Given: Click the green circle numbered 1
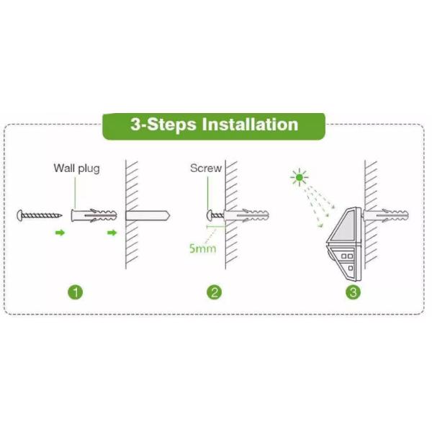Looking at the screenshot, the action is coord(75,292).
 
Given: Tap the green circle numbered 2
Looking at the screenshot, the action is coord(215,292).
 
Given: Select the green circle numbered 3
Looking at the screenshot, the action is coord(353,292).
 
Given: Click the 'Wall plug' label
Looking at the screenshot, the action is coord(76,168).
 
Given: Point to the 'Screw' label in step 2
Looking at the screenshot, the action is coord(206,168).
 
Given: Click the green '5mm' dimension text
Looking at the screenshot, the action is coord(202,248).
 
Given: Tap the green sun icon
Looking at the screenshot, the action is coord(300,177).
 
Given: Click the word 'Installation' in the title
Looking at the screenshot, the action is coord(250,125).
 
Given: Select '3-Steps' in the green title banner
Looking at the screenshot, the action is coord(163,125).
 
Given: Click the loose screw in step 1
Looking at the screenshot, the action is coord(40,215).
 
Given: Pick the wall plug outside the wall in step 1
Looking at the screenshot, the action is coord(94,215).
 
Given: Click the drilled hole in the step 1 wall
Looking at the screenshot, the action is coord(148,215).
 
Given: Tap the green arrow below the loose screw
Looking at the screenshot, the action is coord(60,233).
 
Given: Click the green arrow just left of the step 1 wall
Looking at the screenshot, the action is coord(112,233).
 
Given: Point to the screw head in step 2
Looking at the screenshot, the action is coord(210,215).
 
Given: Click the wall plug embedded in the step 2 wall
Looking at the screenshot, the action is coord(246,215).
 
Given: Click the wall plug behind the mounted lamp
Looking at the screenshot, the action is coord(386,215).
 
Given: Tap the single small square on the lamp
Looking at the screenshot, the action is coord(351,268).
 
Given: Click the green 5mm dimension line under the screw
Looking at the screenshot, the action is coord(216,227).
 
